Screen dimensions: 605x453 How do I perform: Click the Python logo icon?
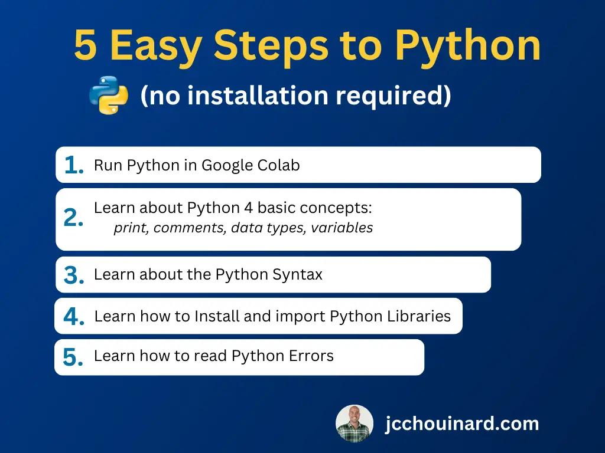tap(109, 95)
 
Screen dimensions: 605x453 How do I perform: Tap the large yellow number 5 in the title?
tap(85, 46)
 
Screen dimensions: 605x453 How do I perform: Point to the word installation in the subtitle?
tap(258, 95)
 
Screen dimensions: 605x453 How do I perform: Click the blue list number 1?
tap(74, 165)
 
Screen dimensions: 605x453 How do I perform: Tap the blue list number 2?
tap(73, 218)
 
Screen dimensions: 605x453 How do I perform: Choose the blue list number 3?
tap(74, 275)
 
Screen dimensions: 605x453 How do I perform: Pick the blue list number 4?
tap(74, 316)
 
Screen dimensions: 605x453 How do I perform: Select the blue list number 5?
tap(73, 357)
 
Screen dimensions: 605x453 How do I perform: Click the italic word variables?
tap(342, 228)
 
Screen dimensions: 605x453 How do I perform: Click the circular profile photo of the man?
tap(354, 424)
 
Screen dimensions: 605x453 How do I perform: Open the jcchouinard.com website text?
tap(462, 424)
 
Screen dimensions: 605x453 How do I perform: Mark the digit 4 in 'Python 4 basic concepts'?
tap(249, 208)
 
